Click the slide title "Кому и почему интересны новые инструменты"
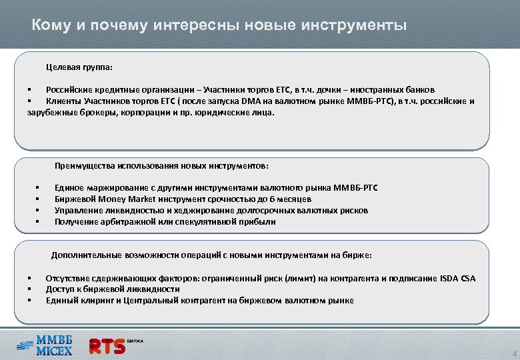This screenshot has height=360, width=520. coord(219,26)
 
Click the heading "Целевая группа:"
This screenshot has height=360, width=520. coord(79,67)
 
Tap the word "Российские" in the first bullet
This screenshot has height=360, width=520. coord(68,90)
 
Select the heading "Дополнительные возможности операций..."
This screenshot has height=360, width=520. coord(211,255)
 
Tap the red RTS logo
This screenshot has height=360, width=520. coord(107,346)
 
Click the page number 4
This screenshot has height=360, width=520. coord(514,353)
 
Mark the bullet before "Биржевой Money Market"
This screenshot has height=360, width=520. coord(38,199)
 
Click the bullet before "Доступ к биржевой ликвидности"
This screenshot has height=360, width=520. coord(29,289)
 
